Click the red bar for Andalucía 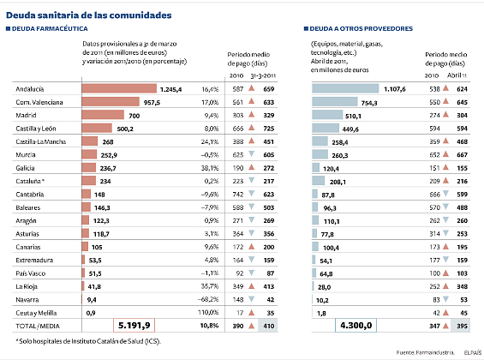(x=119, y=88)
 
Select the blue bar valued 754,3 (x=335, y=102)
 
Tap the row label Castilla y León (x=36, y=129)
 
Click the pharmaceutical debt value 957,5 (x=152, y=103)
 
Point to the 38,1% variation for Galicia (x=210, y=168)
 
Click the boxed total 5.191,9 (x=134, y=326)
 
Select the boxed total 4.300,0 (x=356, y=326)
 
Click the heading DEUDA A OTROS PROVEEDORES (x=358, y=28)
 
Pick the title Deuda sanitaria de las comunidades (x=89, y=15)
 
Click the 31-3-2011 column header (x=263, y=76)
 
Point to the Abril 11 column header (x=457, y=75)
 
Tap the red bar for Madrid (x=103, y=115)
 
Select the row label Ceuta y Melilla (x=36, y=313)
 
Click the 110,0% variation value (x=208, y=313)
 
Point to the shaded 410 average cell (x=268, y=326)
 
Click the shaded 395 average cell (x=461, y=326)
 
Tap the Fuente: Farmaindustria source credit (x=426, y=352)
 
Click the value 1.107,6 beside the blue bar (x=395, y=89)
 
